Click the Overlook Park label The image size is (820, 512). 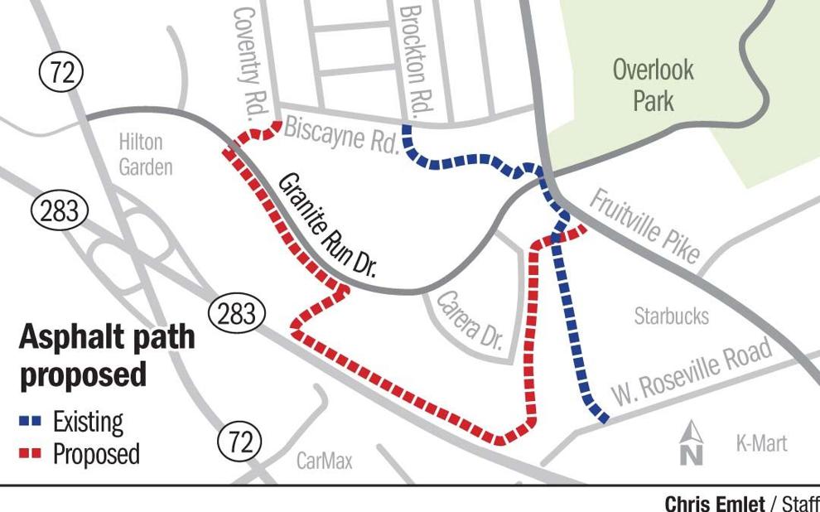click(653, 85)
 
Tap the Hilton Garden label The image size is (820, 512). click(146, 155)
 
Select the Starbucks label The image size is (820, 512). click(672, 316)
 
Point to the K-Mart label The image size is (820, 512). click(761, 444)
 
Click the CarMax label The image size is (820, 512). click(325, 460)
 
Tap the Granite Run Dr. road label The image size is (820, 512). click(326, 224)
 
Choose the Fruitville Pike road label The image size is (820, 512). click(645, 225)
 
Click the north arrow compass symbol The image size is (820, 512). click(692, 442)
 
